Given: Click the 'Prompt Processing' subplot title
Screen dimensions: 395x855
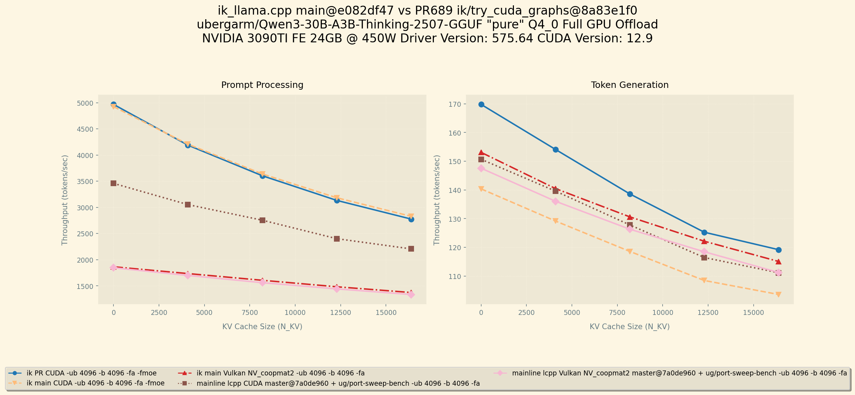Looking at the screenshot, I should pyautogui.click(x=262, y=85).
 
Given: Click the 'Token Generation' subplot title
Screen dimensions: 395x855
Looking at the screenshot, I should pyautogui.click(x=630, y=85).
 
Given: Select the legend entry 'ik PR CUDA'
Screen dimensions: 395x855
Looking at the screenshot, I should pyautogui.click(x=91, y=373).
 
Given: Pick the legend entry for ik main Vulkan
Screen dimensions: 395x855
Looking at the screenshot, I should pyautogui.click(x=280, y=373).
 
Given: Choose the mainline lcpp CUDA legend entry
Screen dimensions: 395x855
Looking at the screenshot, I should pyautogui.click(x=338, y=384).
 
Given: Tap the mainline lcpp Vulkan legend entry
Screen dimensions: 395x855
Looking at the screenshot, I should pyautogui.click(x=679, y=373).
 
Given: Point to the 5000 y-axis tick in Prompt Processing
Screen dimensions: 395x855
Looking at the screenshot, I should pyautogui.click(x=85, y=103).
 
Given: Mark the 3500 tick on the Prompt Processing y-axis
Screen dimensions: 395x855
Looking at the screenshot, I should pyautogui.click(x=85, y=181).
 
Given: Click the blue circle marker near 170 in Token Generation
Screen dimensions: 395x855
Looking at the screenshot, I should pyautogui.click(x=481, y=104).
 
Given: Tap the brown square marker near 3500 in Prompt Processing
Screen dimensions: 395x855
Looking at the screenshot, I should pyautogui.click(x=113, y=183).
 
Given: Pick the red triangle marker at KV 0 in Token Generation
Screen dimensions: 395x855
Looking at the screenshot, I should pyautogui.click(x=481, y=153).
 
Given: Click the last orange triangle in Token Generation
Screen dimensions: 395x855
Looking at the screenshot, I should pyautogui.click(x=779, y=294).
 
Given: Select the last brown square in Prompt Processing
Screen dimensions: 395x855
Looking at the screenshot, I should pyautogui.click(x=411, y=249).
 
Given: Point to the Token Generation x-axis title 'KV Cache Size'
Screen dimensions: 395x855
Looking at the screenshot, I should pyautogui.click(x=630, y=327).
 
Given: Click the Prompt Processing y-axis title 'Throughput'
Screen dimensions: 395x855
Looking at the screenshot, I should pyautogui.click(x=65, y=200).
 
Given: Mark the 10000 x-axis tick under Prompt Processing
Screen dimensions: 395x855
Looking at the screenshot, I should pyautogui.click(x=295, y=313).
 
